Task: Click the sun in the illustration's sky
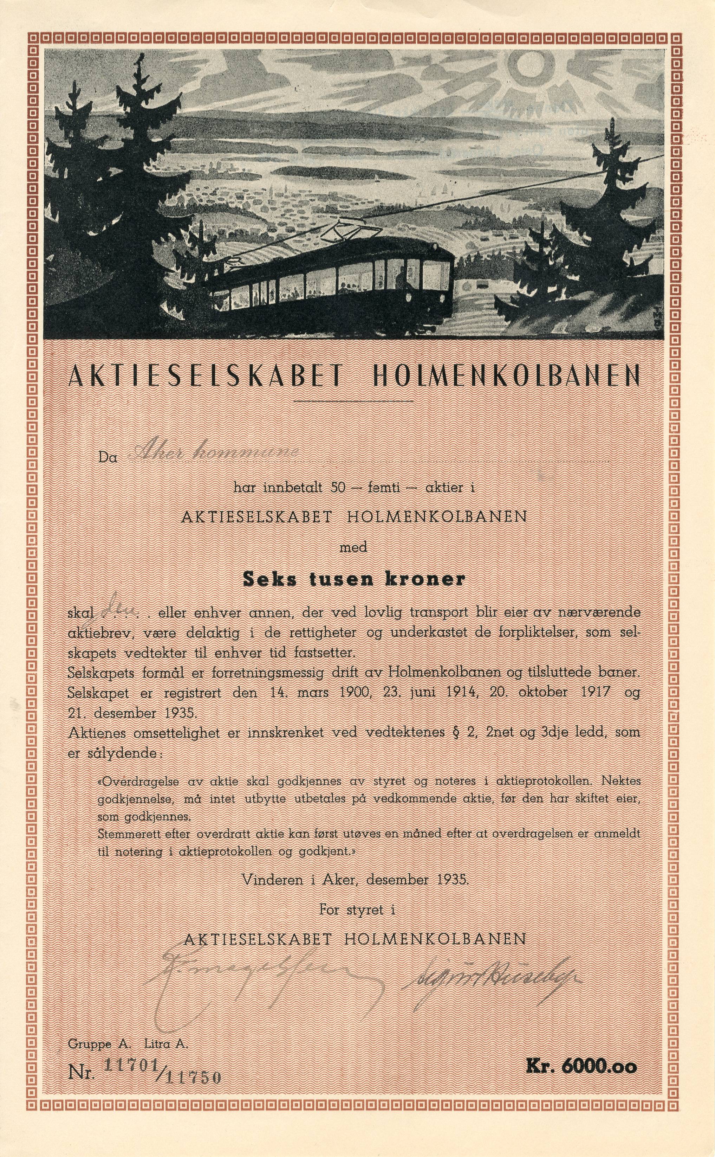coord(526,66)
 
